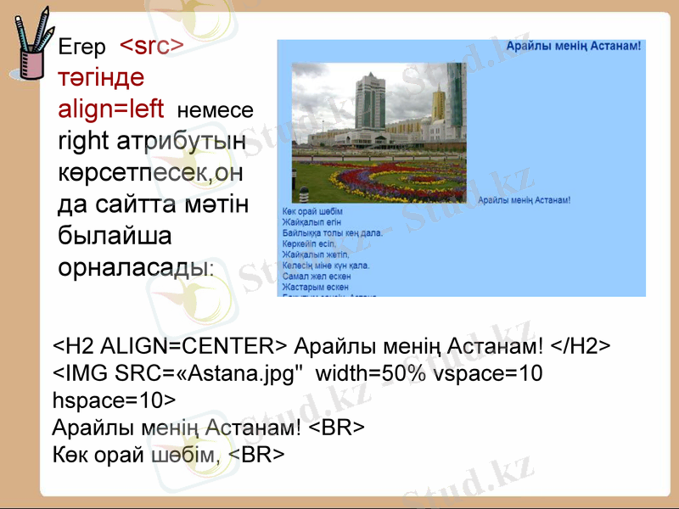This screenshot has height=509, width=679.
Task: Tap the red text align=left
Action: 111,109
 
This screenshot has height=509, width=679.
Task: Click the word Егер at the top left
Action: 81,48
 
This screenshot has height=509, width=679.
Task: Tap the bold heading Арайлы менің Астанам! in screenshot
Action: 573,45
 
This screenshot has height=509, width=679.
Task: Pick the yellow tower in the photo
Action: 438,105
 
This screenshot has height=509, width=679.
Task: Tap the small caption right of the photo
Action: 524,200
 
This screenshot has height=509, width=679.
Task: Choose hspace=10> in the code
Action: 113,400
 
